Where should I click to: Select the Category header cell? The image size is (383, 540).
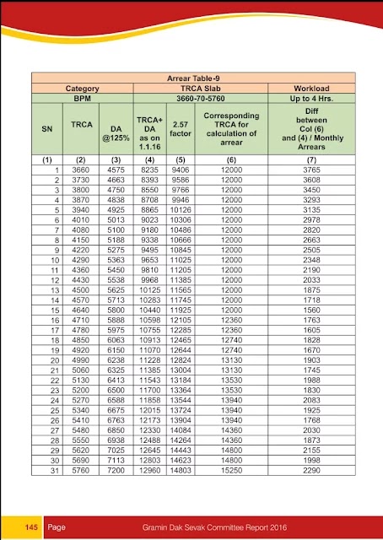coord(83,88)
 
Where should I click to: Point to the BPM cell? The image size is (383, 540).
coord(83,98)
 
